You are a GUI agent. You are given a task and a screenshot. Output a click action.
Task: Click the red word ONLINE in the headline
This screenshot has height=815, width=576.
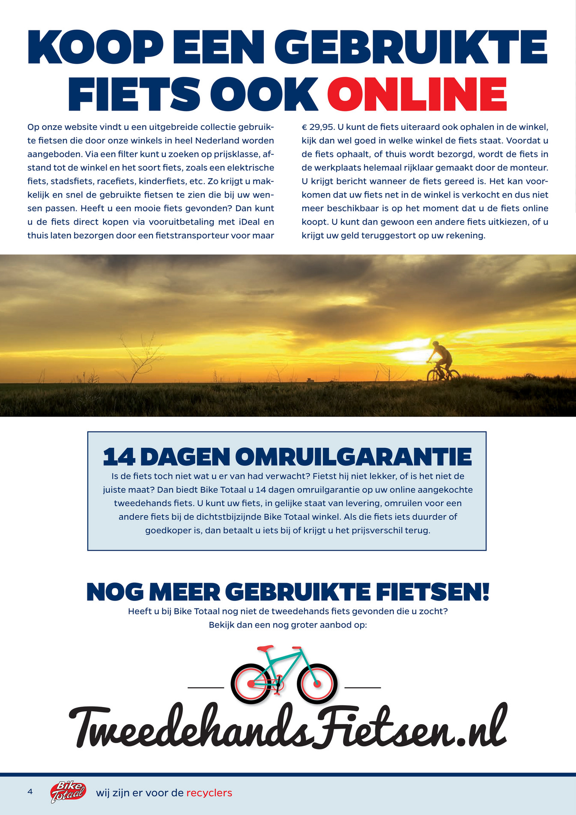[417, 95]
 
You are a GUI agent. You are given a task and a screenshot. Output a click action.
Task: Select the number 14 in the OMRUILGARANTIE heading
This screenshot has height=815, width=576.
[119, 457]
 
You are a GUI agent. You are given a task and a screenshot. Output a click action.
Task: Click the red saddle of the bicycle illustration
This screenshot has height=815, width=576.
[266, 648]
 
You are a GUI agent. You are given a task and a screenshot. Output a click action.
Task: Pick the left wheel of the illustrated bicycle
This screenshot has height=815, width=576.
[251, 684]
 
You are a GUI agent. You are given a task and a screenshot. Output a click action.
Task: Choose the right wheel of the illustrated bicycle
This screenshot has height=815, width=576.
[317, 684]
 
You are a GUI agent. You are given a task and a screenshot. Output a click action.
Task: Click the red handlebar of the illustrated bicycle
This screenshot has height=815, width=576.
[296, 648]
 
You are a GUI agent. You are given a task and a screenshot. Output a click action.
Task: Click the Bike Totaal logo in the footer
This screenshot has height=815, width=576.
[68, 792]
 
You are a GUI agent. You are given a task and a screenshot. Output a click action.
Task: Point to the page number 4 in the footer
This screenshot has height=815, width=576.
[30, 791]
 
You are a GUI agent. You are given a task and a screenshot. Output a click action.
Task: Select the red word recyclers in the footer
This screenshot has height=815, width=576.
[209, 793]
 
